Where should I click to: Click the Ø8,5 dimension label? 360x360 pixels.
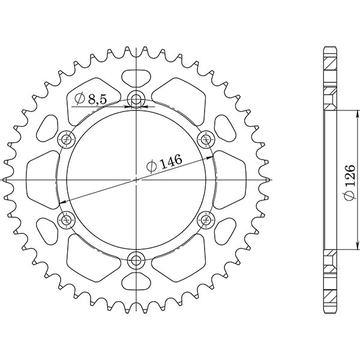coord(92,100)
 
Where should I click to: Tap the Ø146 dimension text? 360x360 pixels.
coord(163,163)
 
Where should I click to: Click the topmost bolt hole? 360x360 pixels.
coord(136,100)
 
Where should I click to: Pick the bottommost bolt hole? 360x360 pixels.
coord(136,260)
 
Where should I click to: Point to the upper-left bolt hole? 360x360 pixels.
coord(66,140)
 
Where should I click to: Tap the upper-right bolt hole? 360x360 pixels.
coord(206,140)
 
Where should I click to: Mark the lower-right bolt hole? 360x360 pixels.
coord(206,220)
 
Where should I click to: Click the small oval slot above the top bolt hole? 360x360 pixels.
coord(136,77)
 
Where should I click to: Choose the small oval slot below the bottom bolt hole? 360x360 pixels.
coord(136,283)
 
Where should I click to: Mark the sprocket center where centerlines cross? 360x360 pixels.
coord(136,180)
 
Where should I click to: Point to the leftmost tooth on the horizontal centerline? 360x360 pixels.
coord(6,180)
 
